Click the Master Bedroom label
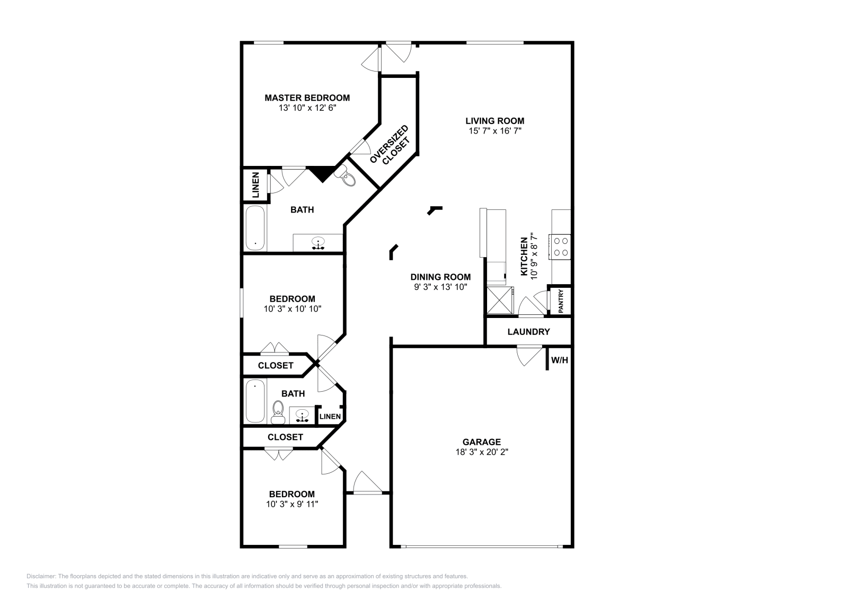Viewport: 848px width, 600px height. click(x=307, y=98)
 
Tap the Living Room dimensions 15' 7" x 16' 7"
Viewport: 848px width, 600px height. click(x=495, y=131)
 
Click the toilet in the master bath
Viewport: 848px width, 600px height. click(x=347, y=176)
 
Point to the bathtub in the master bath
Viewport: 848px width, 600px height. click(x=255, y=228)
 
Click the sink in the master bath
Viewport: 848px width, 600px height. click(x=318, y=243)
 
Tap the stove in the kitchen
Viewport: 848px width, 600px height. click(x=560, y=247)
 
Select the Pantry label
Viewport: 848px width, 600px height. click(x=561, y=301)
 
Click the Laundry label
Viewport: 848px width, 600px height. click(x=528, y=332)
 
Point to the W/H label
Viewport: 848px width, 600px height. click(x=560, y=360)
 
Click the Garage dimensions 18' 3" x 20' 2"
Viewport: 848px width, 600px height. click(x=482, y=452)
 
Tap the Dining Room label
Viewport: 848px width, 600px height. click(x=440, y=277)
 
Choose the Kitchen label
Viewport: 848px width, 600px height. click(x=524, y=257)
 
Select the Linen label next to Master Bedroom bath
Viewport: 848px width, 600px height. click(x=256, y=185)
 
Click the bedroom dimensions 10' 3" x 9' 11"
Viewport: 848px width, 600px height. click(x=292, y=504)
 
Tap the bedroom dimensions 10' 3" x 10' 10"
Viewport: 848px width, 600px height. click(x=292, y=309)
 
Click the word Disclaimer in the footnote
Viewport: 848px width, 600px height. click(x=41, y=577)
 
